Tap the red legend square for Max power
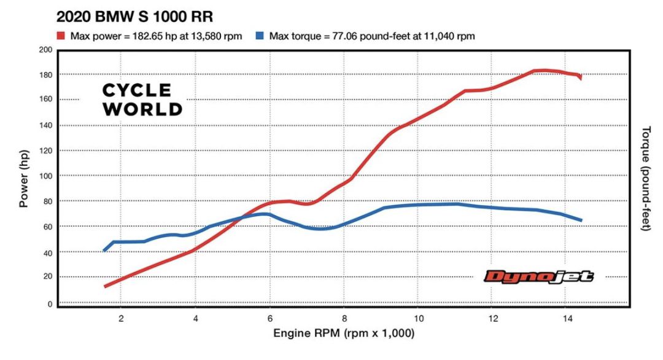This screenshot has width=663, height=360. [x=62, y=36]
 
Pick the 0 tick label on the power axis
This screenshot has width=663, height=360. [x=50, y=303]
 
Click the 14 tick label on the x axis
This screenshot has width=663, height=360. [x=567, y=318]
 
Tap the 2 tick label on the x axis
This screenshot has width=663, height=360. [x=121, y=318]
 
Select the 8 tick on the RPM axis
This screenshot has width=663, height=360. [x=344, y=318]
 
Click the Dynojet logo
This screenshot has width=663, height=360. [x=538, y=277]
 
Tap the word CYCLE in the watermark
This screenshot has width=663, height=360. [x=137, y=90]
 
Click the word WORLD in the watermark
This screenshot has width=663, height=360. [x=142, y=109]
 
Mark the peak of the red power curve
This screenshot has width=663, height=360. [x=544, y=71]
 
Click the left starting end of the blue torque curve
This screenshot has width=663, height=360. [x=104, y=251]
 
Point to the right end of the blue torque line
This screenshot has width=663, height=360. [x=581, y=220]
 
